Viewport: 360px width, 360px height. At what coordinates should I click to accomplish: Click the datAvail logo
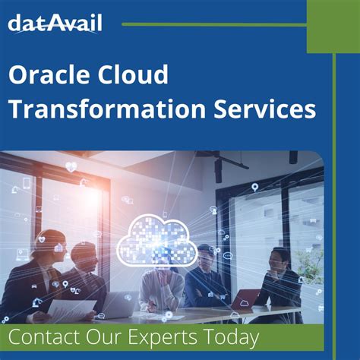(55, 24)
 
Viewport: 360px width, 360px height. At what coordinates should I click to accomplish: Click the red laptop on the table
(245, 298)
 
